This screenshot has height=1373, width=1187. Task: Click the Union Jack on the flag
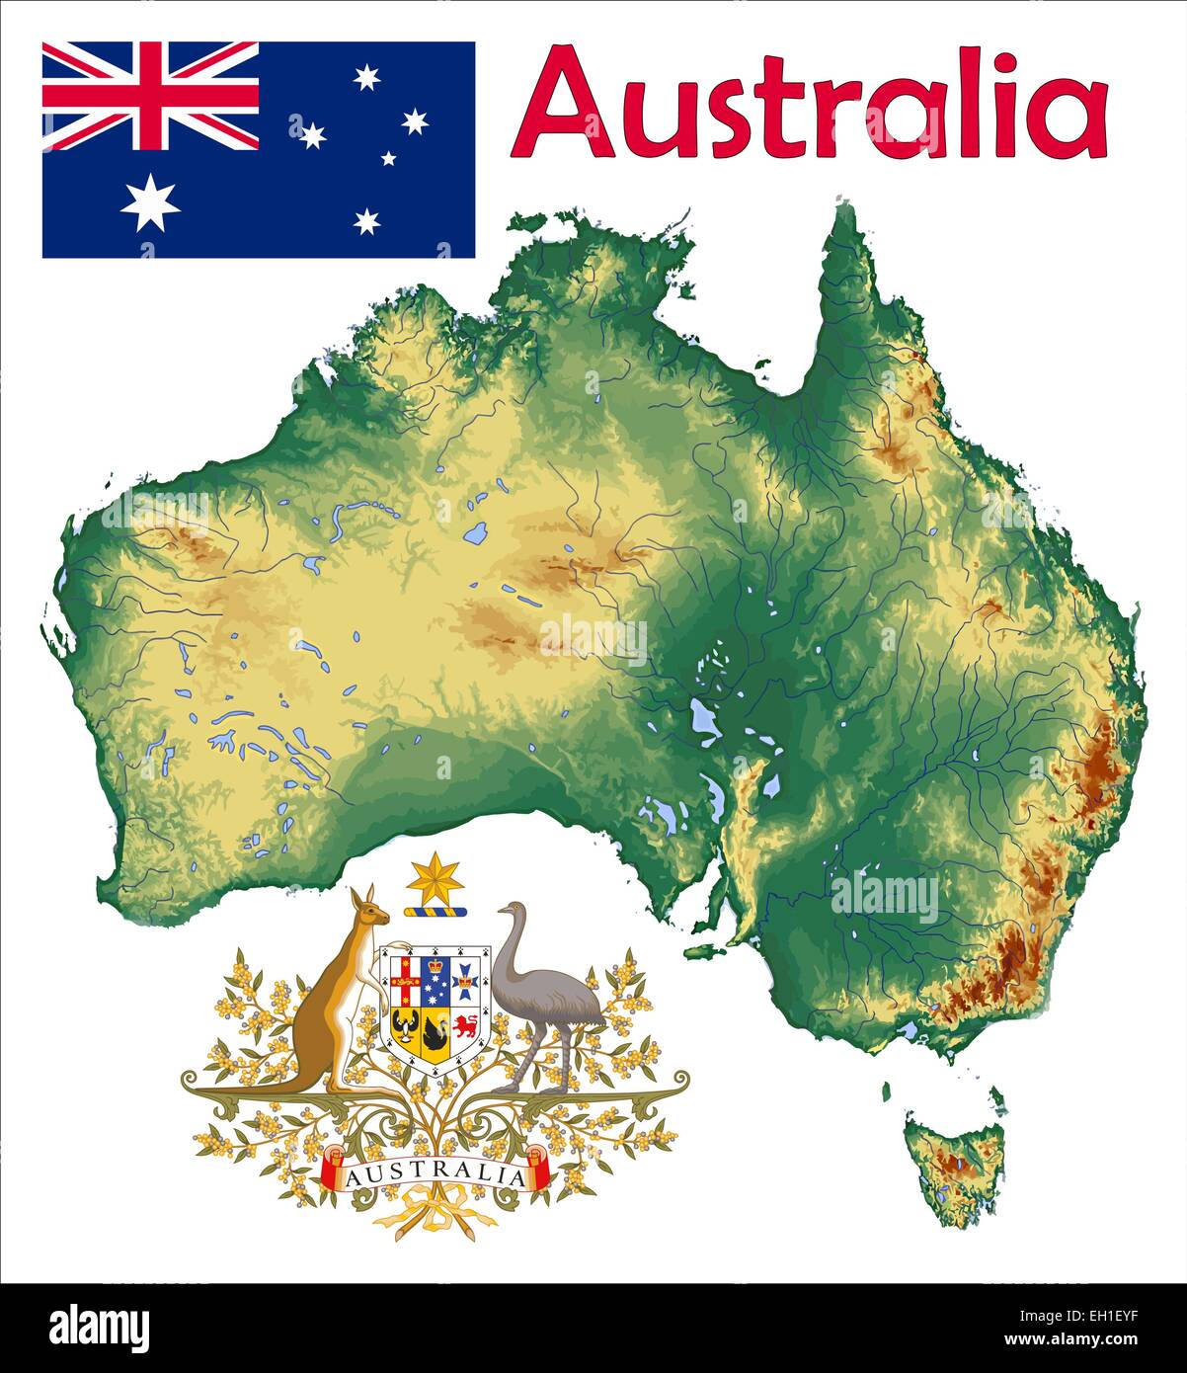coord(150,96)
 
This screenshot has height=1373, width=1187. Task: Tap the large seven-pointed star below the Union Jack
coord(150,202)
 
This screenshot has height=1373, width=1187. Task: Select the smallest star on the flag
coord(388,158)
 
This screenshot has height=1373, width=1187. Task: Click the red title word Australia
coord(810,103)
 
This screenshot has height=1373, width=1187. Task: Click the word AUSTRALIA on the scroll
coord(435,1175)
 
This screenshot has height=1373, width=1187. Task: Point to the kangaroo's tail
coord(247,1087)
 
